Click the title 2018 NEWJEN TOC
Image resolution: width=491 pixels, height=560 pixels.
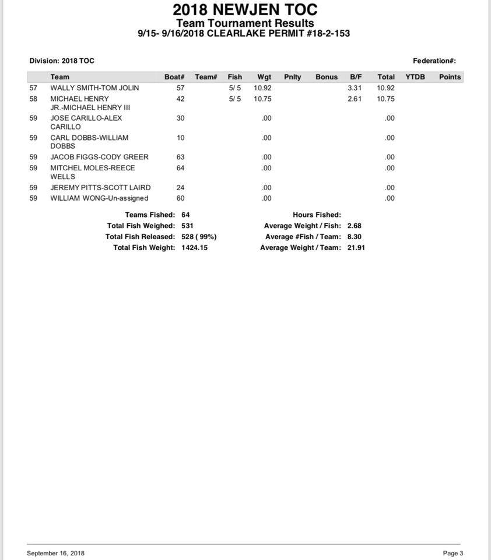pos(245,10)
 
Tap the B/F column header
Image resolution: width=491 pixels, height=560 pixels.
pos(356,77)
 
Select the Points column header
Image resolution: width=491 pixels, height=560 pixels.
pos(450,77)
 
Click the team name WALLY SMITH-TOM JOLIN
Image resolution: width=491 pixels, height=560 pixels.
pos(94,88)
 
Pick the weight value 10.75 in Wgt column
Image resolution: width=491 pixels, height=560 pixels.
pos(263,99)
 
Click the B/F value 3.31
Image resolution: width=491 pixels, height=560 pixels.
pos(355,88)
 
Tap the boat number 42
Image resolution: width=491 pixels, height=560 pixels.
pos(180,99)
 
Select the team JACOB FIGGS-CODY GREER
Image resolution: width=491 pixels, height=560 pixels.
pos(99,157)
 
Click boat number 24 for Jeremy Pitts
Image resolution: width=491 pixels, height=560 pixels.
pos(180,188)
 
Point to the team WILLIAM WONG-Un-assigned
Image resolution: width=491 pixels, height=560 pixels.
pos(99,198)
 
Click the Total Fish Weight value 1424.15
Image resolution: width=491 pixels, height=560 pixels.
pos(194,248)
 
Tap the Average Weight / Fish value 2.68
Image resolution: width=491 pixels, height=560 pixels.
pos(355,226)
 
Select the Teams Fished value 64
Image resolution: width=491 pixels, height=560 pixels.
pos(185,215)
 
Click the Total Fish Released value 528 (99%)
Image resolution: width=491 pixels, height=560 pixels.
pos(199,237)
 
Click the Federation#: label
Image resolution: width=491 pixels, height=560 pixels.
pos(434,61)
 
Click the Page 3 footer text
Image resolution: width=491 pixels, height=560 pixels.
pos(453,553)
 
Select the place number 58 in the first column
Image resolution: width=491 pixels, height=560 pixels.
pos(33,99)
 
